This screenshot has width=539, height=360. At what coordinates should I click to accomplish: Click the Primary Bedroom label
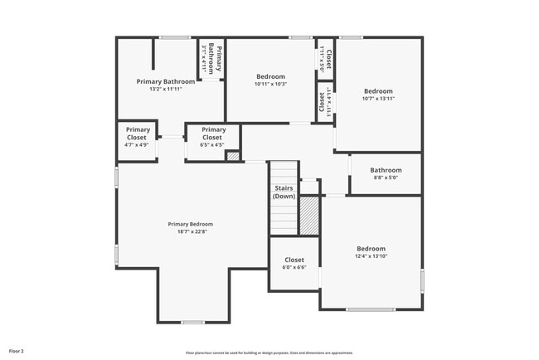click(x=190, y=224)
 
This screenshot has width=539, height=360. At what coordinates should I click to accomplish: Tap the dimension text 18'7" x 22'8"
click(x=190, y=232)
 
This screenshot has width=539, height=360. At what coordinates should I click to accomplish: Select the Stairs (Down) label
click(x=284, y=192)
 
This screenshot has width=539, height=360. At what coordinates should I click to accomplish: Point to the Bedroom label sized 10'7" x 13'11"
click(x=378, y=91)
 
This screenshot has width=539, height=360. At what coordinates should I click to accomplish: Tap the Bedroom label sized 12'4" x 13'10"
click(x=371, y=249)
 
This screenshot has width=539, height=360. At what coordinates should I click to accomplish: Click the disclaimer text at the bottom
click(x=269, y=352)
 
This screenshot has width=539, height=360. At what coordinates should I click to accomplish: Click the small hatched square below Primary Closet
click(x=233, y=155)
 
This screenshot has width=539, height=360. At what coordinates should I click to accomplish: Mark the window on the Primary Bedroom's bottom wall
click(x=192, y=322)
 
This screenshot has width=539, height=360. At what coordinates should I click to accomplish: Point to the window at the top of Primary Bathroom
click(x=174, y=37)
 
